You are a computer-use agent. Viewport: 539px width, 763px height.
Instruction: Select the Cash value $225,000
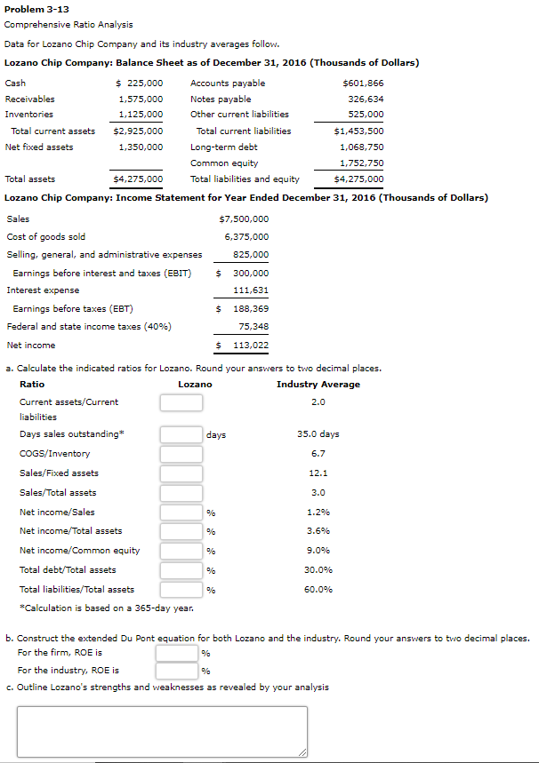tap(140, 83)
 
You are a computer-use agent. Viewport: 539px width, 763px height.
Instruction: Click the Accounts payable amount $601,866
tap(363, 83)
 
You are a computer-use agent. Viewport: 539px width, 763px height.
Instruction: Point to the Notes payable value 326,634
tap(366, 99)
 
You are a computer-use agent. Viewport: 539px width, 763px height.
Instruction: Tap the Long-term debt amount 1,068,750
tap(362, 147)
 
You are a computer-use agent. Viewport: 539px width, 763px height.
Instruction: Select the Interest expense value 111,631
tap(251, 290)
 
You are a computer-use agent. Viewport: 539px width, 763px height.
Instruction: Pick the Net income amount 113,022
tap(250, 346)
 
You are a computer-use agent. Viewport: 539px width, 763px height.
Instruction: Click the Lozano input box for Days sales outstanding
tap(181, 434)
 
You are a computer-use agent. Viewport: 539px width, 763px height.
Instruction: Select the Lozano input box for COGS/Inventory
tap(181, 454)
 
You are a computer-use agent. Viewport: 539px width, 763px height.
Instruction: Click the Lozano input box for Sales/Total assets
tap(181, 492)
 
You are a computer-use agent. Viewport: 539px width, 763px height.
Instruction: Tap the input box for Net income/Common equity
tap(181, 550)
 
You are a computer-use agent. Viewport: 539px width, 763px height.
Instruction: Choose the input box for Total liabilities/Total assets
tap(181, 589)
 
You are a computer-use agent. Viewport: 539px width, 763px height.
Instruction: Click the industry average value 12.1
tap(318, 473)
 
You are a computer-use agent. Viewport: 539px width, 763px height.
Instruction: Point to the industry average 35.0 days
tap(318, 434)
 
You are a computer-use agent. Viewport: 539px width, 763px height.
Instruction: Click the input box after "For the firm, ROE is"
tap(176, 653)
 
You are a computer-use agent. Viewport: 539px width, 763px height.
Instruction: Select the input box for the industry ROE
tap(176, 670)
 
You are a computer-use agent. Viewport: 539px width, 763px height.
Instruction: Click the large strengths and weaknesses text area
tap(162, 732)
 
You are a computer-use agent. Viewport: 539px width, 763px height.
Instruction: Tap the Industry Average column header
tap(318, 384)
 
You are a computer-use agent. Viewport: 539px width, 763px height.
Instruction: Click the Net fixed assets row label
tap(39, 147)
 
